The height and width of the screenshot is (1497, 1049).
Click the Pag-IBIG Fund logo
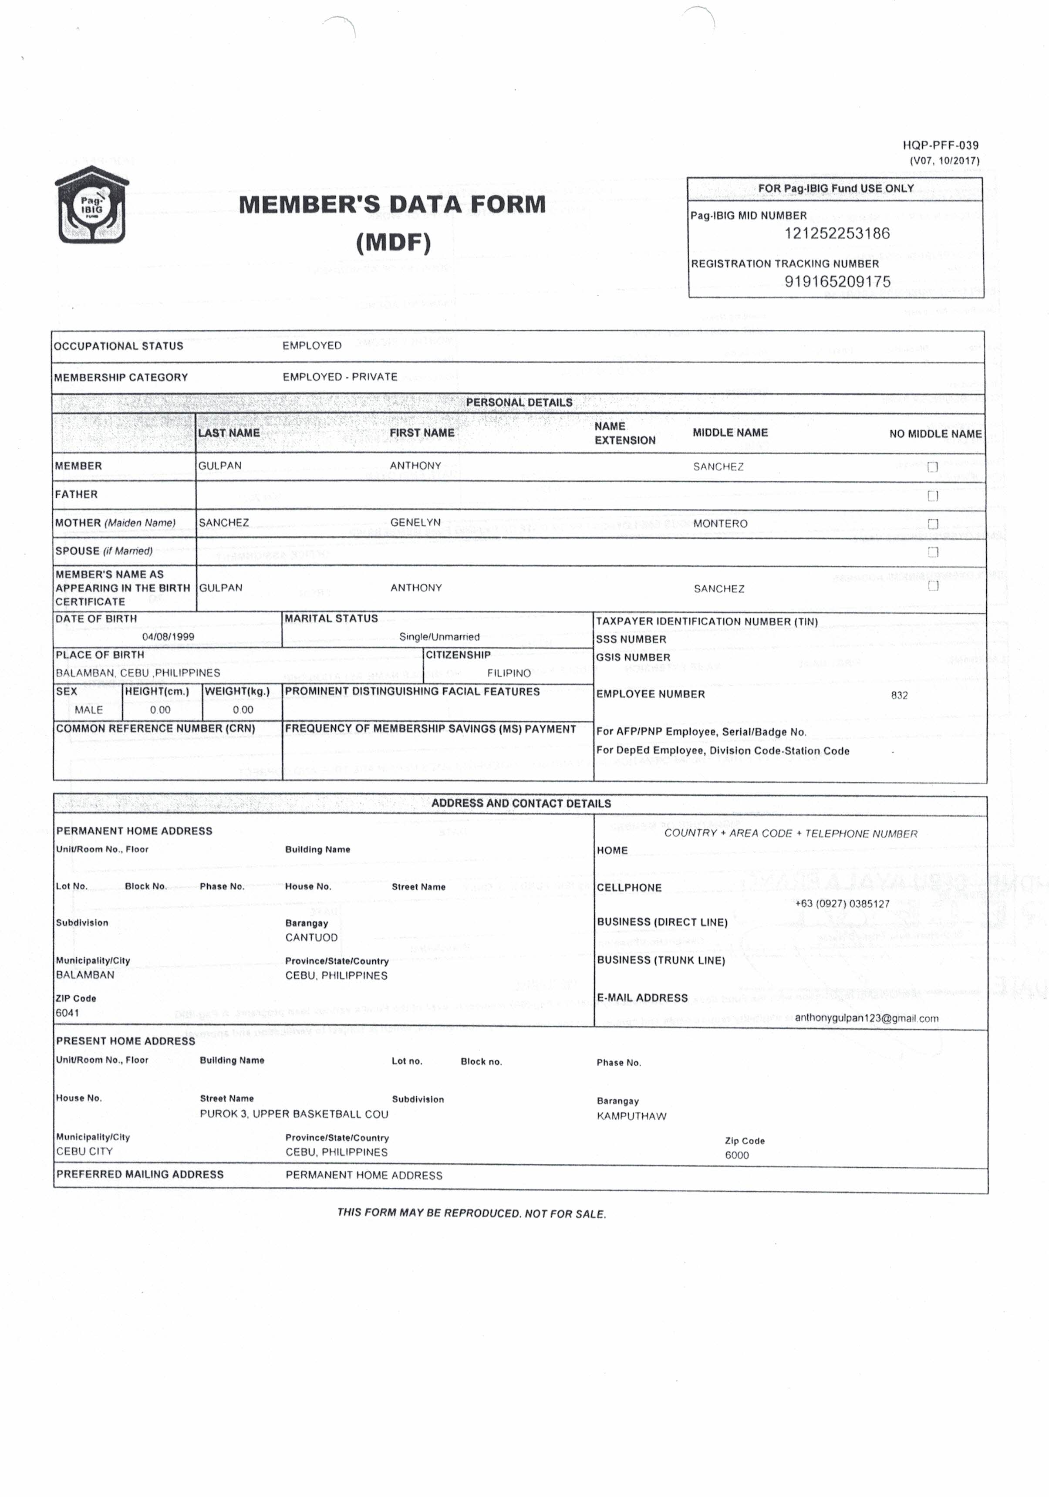pos(91,206)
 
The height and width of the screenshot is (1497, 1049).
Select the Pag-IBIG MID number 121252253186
pos(837,233)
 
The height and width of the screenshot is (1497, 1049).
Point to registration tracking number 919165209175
pos(837,282)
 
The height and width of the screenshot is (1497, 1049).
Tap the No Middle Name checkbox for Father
pos(932,496)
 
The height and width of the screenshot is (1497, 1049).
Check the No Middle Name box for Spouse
pos(932,552)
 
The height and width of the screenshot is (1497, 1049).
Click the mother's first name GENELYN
pos(415,522)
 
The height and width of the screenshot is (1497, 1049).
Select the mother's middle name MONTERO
pos(720,524)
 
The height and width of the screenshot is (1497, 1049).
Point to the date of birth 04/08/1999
pos(168,637)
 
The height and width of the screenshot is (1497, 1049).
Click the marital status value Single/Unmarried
pos(439,637)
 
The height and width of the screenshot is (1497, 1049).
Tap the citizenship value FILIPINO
pos(509,673)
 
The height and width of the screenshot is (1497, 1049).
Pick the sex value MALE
pos(89,710)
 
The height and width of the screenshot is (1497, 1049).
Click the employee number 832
pos(899,695)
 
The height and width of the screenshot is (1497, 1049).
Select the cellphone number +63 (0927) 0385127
pos(842,904)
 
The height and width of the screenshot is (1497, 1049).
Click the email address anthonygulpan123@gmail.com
pos(867,1018)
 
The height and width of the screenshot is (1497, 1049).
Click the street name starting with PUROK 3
pos(293,1114)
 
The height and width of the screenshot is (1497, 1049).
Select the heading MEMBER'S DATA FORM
pos(392,205)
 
